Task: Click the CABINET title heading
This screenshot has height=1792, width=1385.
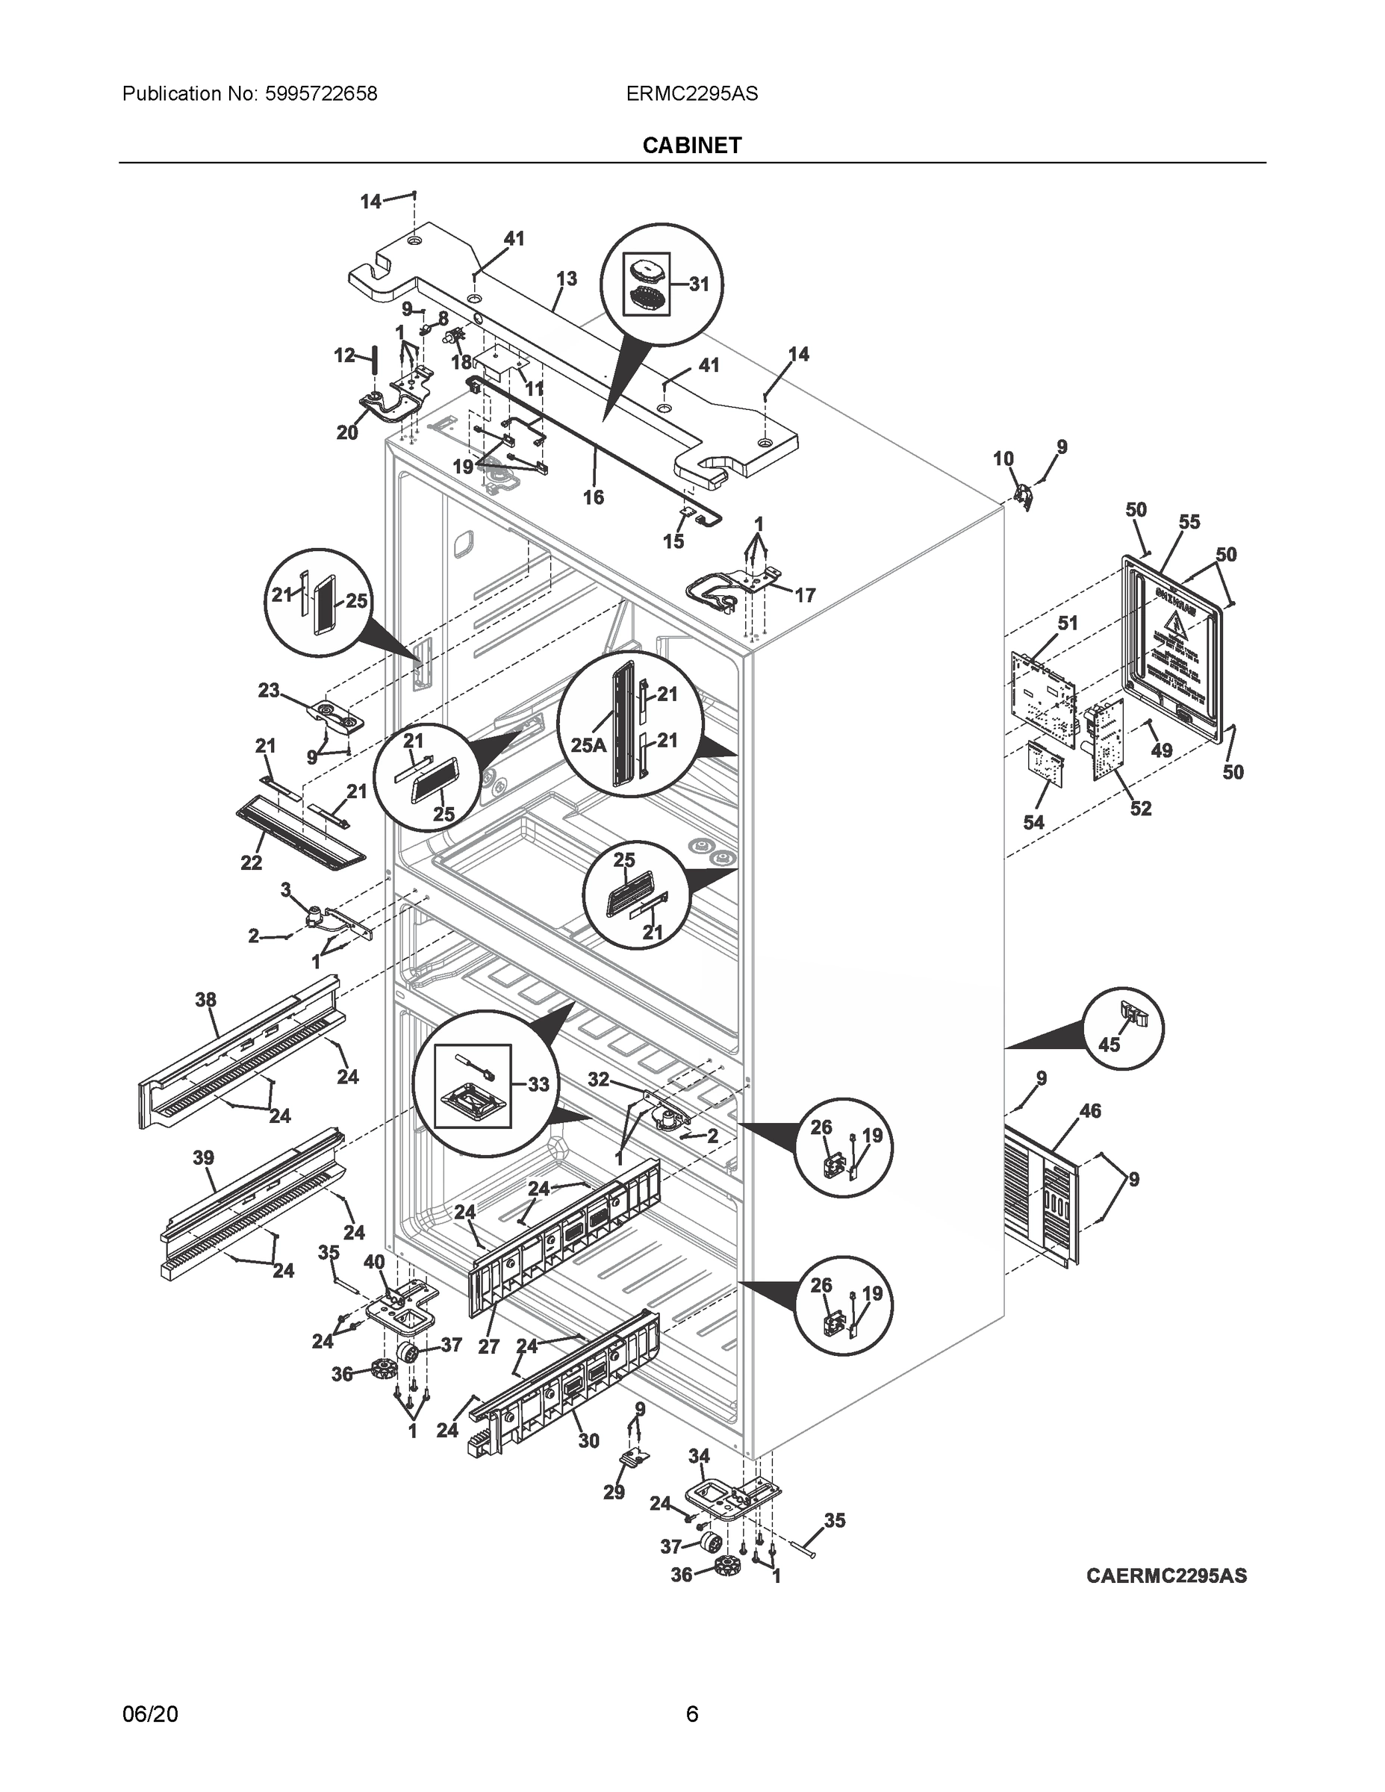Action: coord(691,146)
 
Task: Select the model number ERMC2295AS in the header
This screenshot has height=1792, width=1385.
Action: coord(691,94)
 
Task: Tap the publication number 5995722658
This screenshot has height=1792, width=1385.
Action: coord(321,94)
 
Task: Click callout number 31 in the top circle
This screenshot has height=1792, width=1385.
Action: coord(698,284)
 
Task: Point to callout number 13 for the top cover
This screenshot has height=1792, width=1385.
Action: coord(566,279)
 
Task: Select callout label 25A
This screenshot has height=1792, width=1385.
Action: coord(588,746)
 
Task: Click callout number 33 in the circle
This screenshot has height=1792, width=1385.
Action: coord(538,1084)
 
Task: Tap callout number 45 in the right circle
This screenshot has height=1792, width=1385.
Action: coord(1109,1045)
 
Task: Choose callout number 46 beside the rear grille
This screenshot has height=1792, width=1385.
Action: coord(1090,1111)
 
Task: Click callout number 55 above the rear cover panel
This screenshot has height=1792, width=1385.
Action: coord(1189,522)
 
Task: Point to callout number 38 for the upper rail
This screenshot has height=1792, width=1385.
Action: coord(206,999)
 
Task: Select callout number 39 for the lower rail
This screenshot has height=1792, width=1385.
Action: coord(204,1158)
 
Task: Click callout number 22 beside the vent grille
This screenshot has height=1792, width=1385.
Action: coord(251,862)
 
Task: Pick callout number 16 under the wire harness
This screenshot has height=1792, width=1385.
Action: coord(594,497)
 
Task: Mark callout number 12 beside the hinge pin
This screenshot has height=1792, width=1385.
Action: coord(345,355)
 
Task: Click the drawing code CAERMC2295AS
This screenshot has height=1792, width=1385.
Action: coord(1166,1575)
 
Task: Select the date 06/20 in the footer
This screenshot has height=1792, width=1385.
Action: coord(149,1714)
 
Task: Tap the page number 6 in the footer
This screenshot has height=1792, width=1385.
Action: coord(691,1714)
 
